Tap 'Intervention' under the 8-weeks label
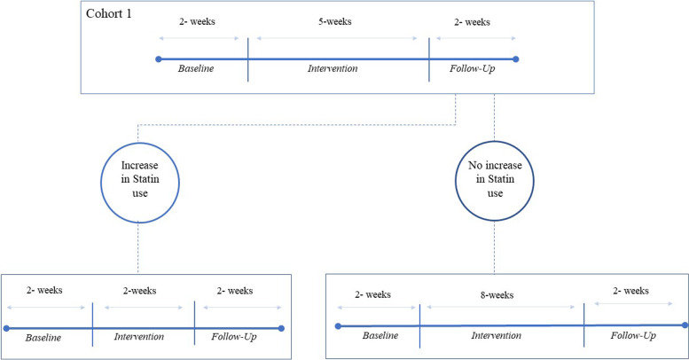pyautogui.click(x=500, y=335)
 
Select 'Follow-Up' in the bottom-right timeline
pyautogui.click(x=634, y=334)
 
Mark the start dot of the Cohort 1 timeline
pyautogui.click(x=158, y=59)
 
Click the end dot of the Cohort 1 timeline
pyautogui.click(x=516, y=59)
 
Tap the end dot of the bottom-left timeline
pyautogui.click(x=281, y=327)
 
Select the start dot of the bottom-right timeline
pyautogui.click(x=337, y=326)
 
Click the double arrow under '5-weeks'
pyautogui.click(x=338, y=39)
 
